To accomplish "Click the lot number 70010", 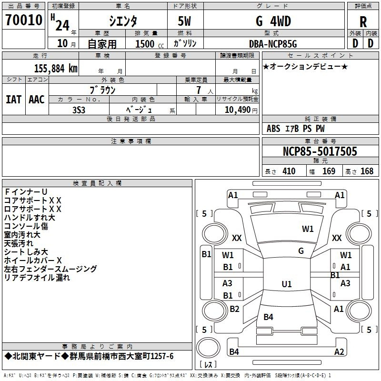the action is pyautogui.click(x=24, y=20).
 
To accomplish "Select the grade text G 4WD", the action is pyautogui.click(x=273, y=21).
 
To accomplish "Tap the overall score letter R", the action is pyautogui.click(x=363, y=22).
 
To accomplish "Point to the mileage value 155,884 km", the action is pyautogui.click(x=56, y=69).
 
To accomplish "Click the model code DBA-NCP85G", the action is pyautogui.click(x=273, y=44).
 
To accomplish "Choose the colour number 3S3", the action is pyautogui.click(x=79, y=110).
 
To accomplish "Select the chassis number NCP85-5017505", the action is pyautogui.click(x=320, y=151).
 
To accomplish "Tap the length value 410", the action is pyautogui.click(x=289, y=171).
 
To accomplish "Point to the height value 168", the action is pyautogui.click(x=367, y=171).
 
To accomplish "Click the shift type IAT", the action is pyautogui.click(x=13, y=100).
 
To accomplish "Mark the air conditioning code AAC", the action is pyautogui.click(x=37, y=100).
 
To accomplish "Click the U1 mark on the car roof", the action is pyautogui.click(x=287, y=284).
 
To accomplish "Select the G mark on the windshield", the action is pyautogui.click(x=301, y=251).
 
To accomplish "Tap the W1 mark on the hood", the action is pyautogui.click(x=308, y=229).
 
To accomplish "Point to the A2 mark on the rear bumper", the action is pyautogui.click(x=339, y=351).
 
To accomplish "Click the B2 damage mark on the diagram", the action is pyautogui.click(x=234, y=309).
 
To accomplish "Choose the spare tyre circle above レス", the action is pyautogui.click(x=208, y=347).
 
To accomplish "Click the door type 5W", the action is pyautogui.click(x=184, y=21).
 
